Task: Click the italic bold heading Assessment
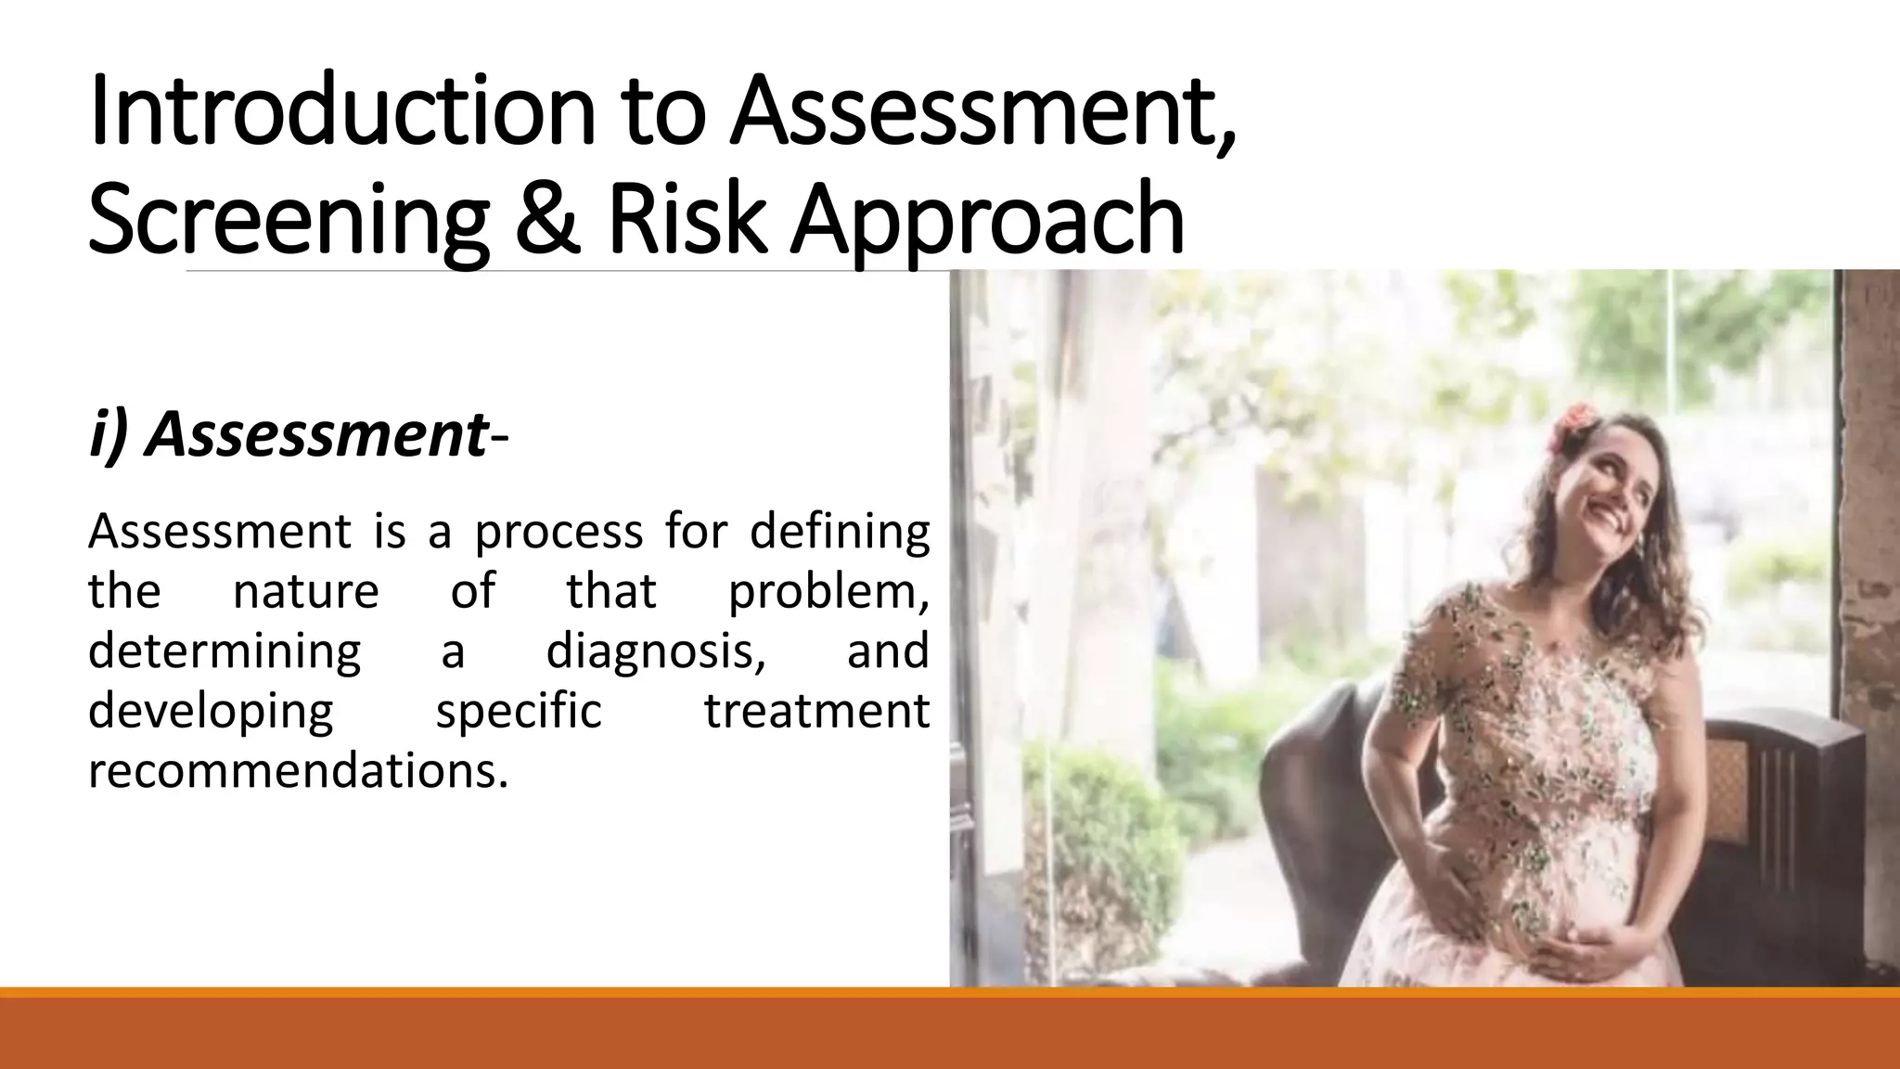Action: [x=315, y=434]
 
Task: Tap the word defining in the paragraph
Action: [x=839, y=533]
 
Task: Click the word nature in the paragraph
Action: [x=305, y=591]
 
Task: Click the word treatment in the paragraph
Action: [x=816, y=712]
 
